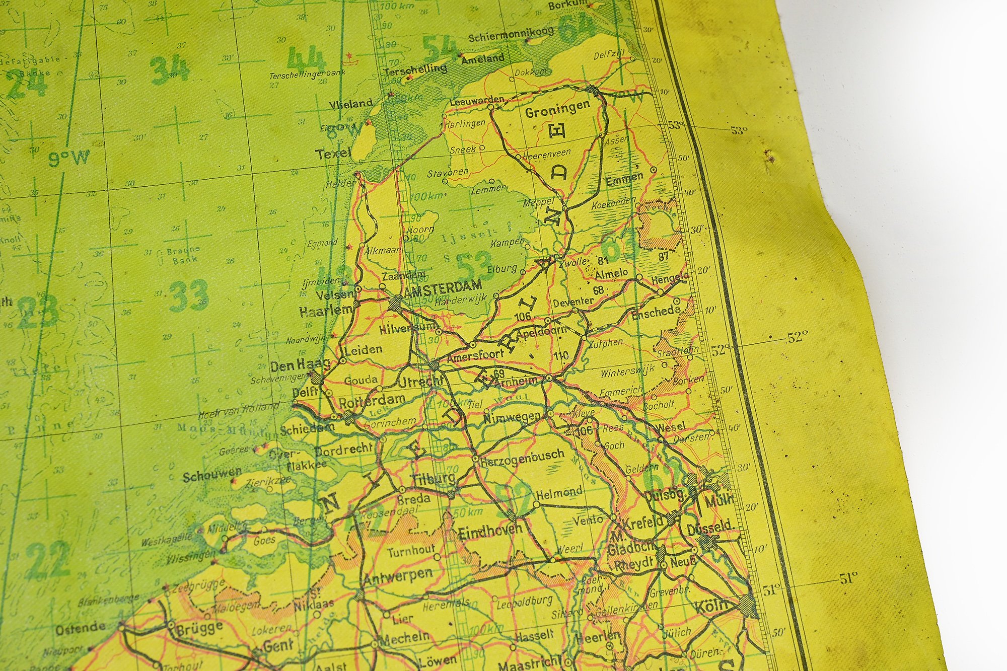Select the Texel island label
(333, 153)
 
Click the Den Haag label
(300, 364)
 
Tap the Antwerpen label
(398, 577)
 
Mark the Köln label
(711, 606)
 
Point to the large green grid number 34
(170, 69)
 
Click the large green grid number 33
(189, 295)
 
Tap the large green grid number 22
(48, 559)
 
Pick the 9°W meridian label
(69, 159)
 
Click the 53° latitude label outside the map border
(739, 130)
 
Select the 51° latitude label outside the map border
(848, 579)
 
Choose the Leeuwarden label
(476, 101)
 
